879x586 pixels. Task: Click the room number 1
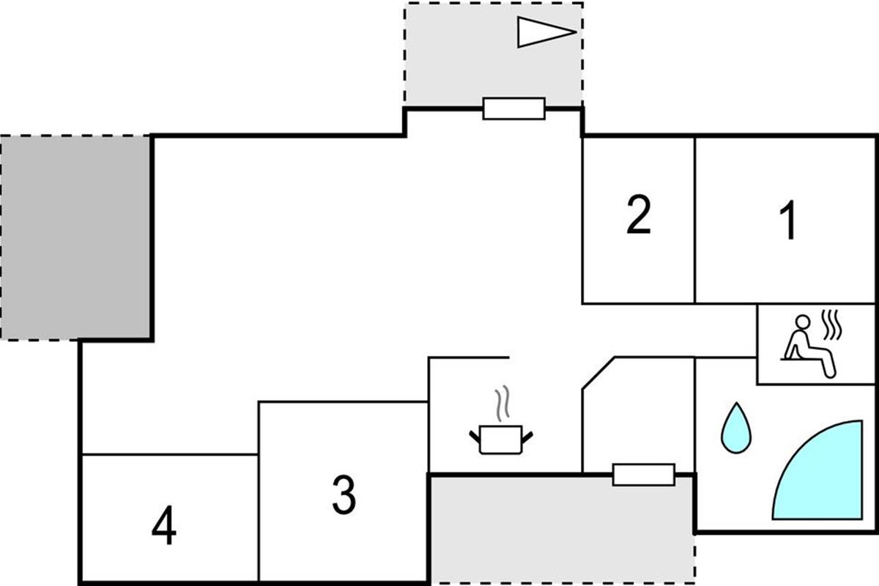tap(788, 220)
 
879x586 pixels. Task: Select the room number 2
tap(639, 215)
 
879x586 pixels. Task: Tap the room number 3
tap(344, 494)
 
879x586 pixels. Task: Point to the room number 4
tap(164, 525)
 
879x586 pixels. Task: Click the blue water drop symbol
tap(736, 429)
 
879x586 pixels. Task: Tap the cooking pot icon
tap(501, 439)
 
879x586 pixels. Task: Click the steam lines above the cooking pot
tap(502, 404)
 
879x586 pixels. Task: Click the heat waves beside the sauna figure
tap(832, 325)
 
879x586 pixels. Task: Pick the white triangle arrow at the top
tap(546, 32)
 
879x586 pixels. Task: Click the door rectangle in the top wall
tap(514, 108)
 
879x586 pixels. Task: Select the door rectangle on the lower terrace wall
tap(644, 475)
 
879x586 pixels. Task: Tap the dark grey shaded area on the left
tap(75, 237)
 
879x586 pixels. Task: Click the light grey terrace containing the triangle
tap(494, 55)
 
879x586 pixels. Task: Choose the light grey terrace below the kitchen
tap(562, 530)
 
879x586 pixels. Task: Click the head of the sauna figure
tap(803, 322)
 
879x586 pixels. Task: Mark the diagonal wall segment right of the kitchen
tap(598, 374)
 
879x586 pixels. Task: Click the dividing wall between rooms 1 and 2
tap(695, 220)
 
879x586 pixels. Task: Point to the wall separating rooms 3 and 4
tap(259, 492)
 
